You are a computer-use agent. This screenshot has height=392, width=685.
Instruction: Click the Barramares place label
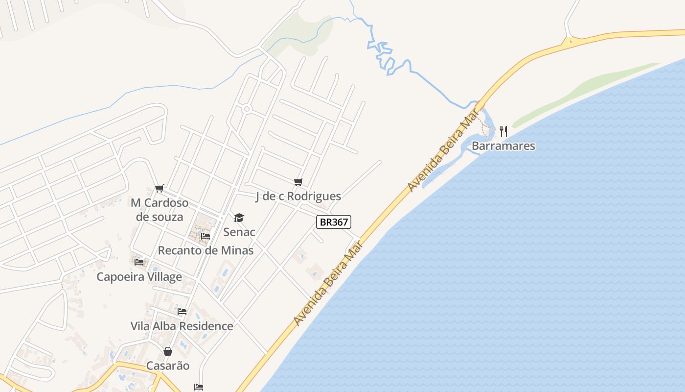point(503,146)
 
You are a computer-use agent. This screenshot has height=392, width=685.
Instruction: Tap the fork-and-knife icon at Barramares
point(503,131)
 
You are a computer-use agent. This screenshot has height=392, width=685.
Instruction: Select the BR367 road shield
point(334,222)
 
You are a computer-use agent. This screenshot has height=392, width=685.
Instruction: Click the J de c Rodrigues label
point(298,196)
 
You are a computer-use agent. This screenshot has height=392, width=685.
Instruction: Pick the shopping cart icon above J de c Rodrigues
point(298,182)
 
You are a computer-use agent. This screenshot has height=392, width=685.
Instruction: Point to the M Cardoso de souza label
point(160,210)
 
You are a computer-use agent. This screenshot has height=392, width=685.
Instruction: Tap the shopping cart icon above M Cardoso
point(159,188)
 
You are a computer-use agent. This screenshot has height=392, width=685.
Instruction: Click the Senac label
point(239,232)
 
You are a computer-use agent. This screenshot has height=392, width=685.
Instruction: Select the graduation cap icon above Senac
point(239,218)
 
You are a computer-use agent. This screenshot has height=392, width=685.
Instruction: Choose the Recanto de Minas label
point(205,250)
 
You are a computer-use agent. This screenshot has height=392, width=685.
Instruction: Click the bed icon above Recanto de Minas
point(205,236)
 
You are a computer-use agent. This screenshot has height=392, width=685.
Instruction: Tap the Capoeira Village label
point(139,277)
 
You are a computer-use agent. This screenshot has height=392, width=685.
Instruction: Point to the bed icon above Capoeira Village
point(139,262)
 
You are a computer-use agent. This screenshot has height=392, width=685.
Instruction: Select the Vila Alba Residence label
point(182,326)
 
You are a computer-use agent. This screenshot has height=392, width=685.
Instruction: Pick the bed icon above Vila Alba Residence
point(182,312)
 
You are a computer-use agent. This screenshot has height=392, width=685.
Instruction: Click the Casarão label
point(168,366)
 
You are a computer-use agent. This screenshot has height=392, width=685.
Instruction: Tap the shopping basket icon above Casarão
point(168,351)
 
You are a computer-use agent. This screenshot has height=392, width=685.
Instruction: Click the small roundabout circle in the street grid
point(247,109)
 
